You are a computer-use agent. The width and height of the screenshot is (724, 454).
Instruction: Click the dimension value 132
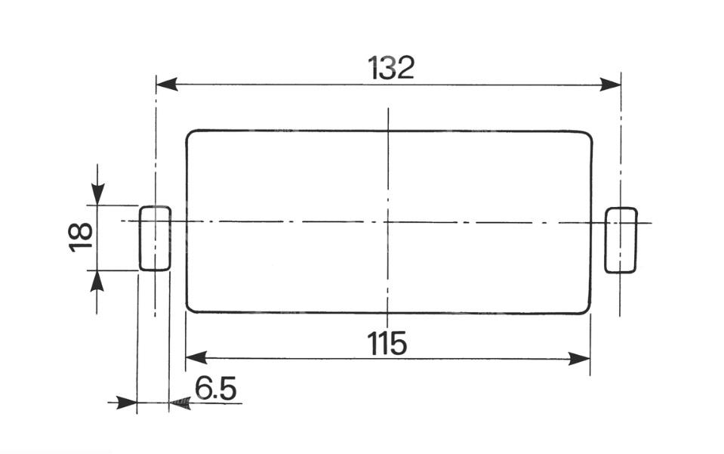[391, 68]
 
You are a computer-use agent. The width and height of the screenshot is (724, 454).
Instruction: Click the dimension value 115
[387, 343]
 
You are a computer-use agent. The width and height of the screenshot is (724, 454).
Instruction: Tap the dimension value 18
[81, 237]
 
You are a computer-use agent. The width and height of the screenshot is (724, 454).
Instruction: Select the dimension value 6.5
[215, 388]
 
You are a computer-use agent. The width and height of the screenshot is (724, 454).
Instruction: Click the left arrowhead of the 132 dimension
[167, 85]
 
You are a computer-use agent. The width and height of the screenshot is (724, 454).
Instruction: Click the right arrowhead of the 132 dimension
[610, 85]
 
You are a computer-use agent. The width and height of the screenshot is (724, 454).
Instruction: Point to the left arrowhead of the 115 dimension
[196, 357]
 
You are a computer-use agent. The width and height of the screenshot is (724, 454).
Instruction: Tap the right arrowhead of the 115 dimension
[579, 358]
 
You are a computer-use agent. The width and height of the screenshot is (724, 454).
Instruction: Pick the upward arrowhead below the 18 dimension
[97, 281]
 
